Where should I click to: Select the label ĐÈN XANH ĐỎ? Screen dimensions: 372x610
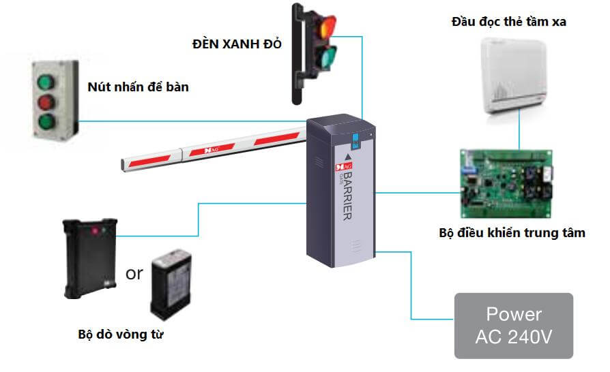pyautogui.click(x=237, y=45)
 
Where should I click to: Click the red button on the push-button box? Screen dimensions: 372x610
pyautogui.click(x=46, y=103)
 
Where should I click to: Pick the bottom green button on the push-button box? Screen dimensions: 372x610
pyautogui.click(x=46, y=123)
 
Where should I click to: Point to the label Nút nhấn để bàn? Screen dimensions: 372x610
pyautogui.click(x=138, y=87)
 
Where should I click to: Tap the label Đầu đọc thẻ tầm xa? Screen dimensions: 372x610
pyautogui.click(x=509, y=22)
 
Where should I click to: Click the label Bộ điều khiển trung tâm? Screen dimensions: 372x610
pyautogui.click(x=512, y=233)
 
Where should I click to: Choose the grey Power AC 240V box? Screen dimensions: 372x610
pyautogui.click(x=514, y=326)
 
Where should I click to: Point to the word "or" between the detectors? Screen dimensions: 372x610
pyautogui.click(x=134, y=274)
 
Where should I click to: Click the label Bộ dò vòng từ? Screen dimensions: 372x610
pyautogui.click(x=121, y=335)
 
